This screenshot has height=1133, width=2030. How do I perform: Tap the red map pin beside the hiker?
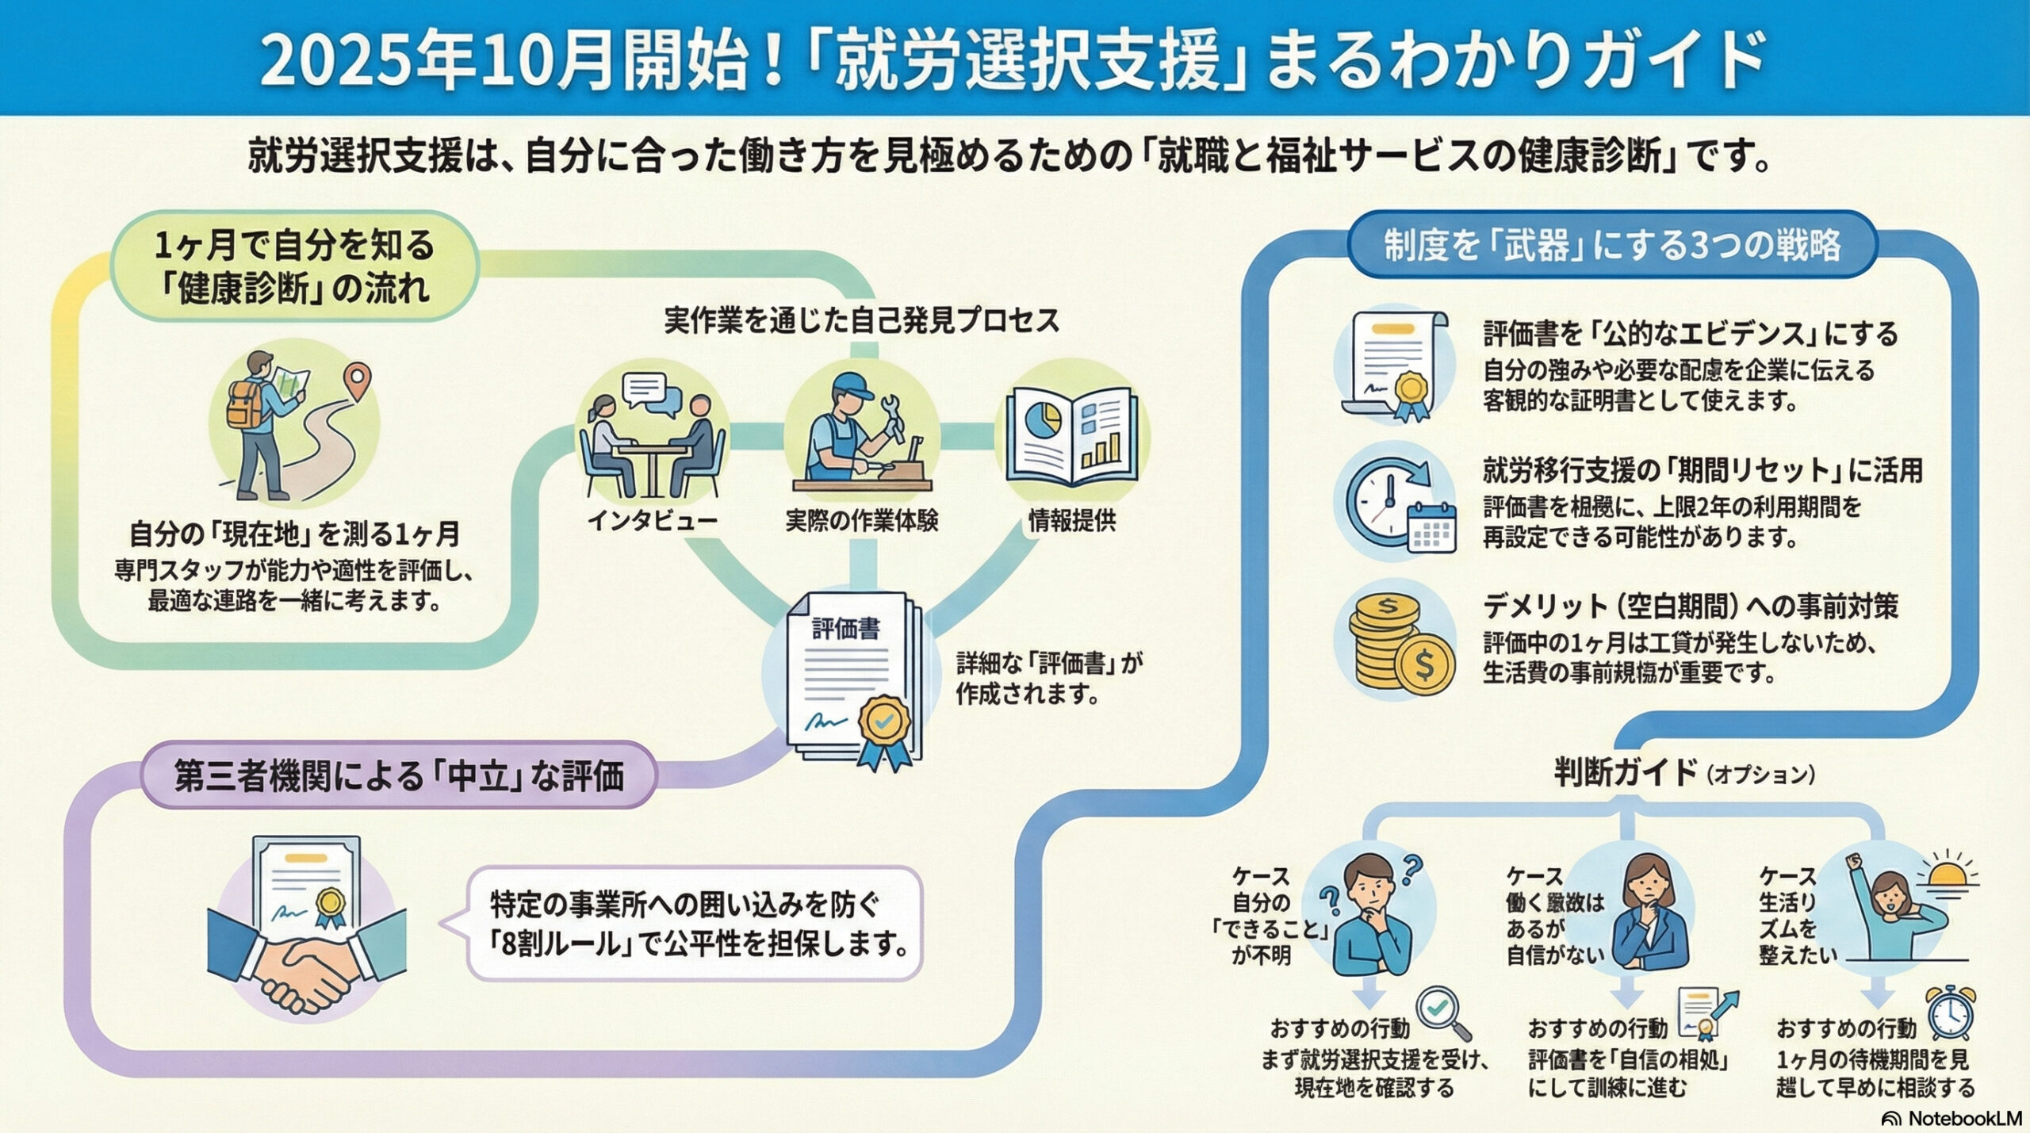pos(360,379)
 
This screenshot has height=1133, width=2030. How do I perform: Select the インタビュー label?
pos(653,521)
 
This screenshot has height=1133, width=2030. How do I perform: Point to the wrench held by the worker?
pos(894,418)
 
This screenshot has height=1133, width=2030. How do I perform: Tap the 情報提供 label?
pos(1071,521)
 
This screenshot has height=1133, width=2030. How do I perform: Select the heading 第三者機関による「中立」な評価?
pos(399,775)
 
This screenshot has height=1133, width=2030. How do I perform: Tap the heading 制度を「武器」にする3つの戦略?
pos(1612,245)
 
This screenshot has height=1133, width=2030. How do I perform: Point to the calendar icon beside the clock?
pos(1431,526)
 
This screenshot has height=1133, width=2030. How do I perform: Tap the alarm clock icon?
pos(1951,1012)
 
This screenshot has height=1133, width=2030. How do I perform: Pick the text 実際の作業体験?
pos(862,521)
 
